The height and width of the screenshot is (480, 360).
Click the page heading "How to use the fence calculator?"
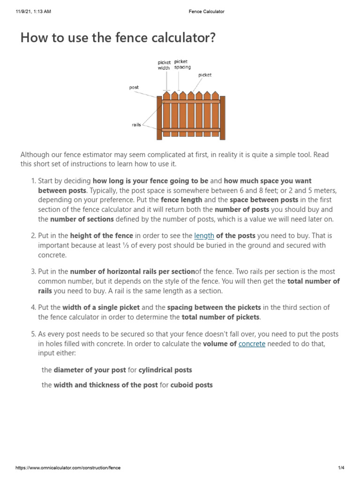tap(118, 38)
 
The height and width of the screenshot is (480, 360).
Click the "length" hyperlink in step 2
tap(204, 236)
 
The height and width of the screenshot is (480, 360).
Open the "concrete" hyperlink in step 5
tap(252, 344)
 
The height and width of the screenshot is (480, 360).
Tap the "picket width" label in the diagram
tap(164, 65)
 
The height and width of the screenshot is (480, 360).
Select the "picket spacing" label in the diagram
tap(182, 64)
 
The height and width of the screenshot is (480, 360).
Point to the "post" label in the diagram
tap(134, 87)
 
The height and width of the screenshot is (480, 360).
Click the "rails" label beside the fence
tap(136, 125)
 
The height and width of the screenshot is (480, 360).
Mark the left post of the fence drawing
tap(159, 118)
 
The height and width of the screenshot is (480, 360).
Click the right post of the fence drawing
tap(223, 118)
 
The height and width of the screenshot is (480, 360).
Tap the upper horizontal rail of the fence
tap(191, 101)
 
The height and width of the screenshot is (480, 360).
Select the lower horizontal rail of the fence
tap(191, 130)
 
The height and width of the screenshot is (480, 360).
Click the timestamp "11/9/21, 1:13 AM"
tap(32, 12)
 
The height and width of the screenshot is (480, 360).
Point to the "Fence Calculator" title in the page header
tap(203, 12)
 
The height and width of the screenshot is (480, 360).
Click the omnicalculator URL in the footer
tap(68, 468)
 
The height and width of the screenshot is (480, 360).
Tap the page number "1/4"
tap(341, 468)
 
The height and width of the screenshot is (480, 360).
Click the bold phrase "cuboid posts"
tap(191, 385)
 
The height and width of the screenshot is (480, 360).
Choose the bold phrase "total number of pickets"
tap(220, 317)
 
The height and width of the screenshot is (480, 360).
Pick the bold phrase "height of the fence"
tap(102, 236)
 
